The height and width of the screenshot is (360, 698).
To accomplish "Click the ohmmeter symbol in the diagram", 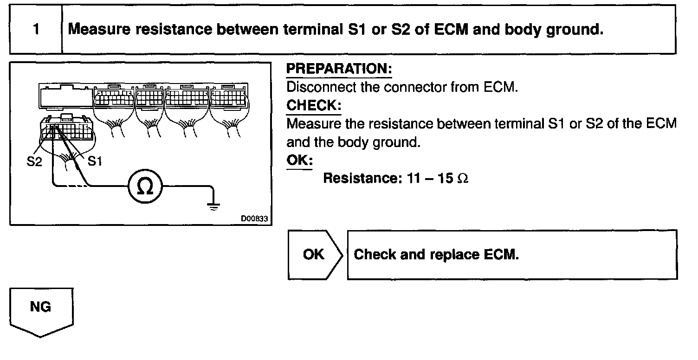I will pos(145,187).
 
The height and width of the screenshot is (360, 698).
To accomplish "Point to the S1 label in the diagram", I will pos(95,162).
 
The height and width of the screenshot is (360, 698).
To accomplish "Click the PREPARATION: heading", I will pos(339,69).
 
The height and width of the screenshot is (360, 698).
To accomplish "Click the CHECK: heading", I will pos(313,106).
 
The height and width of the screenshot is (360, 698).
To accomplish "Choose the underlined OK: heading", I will pos(299,161).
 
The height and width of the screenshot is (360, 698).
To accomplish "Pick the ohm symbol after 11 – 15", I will pos(463,179).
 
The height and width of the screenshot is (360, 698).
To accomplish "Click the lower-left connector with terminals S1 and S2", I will pos(68,128).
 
